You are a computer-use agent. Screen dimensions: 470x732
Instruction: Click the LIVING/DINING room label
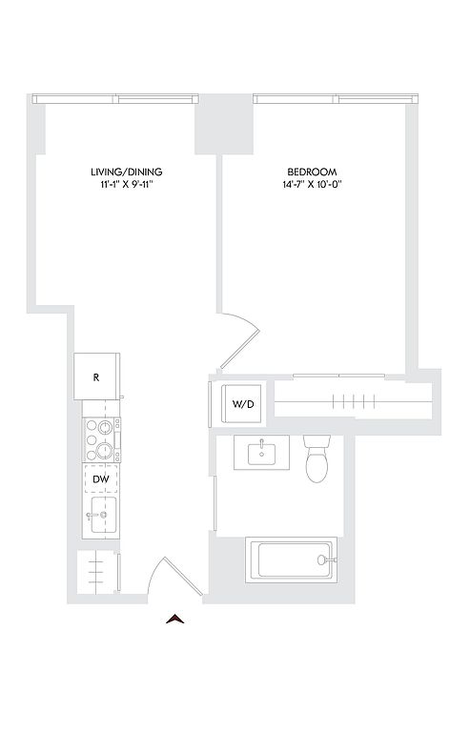click(127, 172)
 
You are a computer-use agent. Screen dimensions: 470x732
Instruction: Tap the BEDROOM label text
click(313, 172)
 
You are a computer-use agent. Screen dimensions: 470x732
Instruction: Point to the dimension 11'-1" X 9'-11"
click(127, 184)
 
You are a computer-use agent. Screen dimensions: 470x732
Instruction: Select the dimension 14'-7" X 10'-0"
click(313, 184)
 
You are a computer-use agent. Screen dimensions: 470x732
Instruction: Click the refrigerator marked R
click(96, 376)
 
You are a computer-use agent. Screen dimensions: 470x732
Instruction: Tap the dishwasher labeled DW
click(101, 479)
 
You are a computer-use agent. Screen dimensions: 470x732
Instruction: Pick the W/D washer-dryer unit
click(242, 404)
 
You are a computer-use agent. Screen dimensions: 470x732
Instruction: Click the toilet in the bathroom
click(317, 457)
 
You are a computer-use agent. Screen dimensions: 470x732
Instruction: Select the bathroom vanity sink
click(262, 453)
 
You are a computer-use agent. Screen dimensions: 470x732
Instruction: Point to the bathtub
click(291, 559)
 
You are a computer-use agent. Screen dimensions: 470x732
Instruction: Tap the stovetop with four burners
click(101, 440)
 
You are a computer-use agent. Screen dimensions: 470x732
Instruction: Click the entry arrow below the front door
click(175, 619)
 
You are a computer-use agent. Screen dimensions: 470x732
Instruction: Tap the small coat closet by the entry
click(96, 572)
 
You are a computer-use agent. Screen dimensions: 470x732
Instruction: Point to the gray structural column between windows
click(224, 124)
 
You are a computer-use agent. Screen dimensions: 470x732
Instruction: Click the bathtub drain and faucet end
click(325, 559)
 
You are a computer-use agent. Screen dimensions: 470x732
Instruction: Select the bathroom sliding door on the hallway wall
click(215, 503)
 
